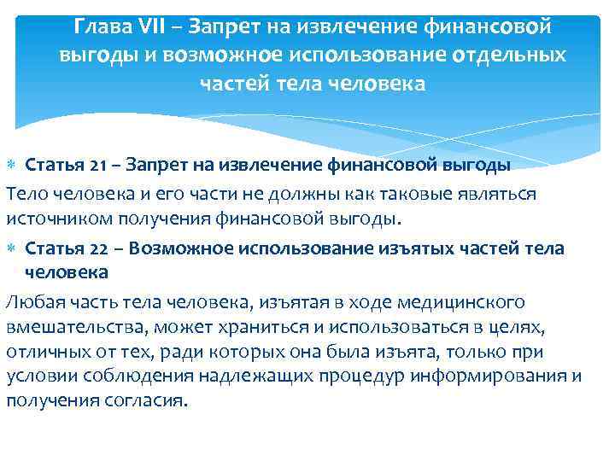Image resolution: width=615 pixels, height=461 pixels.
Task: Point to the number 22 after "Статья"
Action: click(x=75, y=248)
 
